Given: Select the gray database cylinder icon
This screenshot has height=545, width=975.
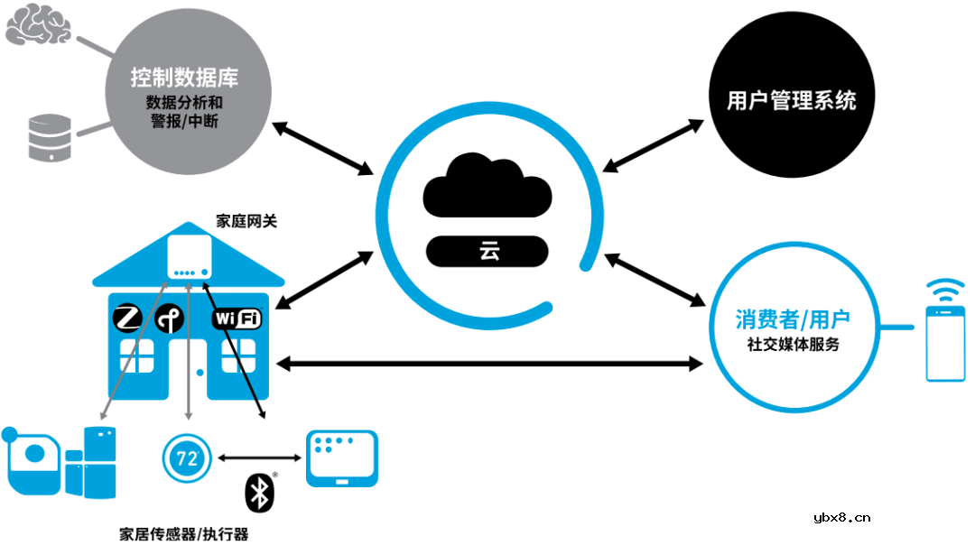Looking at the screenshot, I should [48, 136].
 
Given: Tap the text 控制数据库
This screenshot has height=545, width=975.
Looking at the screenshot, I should [184, 77].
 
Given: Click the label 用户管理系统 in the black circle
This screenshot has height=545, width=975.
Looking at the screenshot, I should [791, 100].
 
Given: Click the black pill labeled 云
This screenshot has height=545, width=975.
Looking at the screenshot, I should [487, 252].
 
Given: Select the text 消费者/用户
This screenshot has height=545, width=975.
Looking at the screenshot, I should [792, 319].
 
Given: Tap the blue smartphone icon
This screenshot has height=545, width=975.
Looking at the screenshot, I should [945, 344].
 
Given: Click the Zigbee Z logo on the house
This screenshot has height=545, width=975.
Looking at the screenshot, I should [127, 318].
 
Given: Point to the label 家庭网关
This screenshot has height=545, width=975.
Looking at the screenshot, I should [246, 219].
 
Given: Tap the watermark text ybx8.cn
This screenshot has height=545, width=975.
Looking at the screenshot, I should [841, 517].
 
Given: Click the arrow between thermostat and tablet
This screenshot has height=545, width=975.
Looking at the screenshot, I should [258, 457].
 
